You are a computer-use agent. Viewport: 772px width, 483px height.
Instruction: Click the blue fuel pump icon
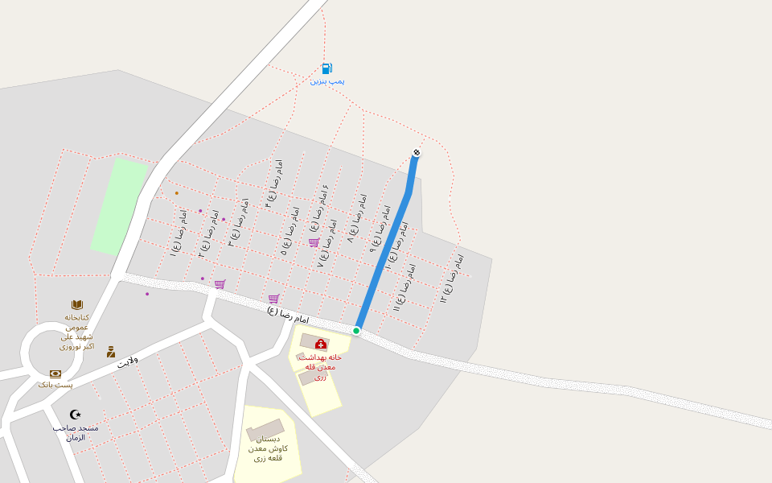click(x=326, y=68)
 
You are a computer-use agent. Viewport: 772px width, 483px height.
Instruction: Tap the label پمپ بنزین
click(x=327, y=81)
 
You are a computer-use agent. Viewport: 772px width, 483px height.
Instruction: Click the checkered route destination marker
click(x=417, y=153)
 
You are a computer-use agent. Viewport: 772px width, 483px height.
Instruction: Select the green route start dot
click(x=356, y=330)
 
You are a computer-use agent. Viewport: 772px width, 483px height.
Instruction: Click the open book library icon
click(x=77, y=304)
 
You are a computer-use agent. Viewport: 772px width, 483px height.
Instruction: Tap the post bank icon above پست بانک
click(x=55, y=374)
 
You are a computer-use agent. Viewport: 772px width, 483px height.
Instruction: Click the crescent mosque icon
click(x=76, y=415)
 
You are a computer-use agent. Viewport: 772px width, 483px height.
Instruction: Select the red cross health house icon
click(x=320, y=345)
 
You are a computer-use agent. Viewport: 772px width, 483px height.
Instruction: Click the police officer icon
click(x=111, y=352)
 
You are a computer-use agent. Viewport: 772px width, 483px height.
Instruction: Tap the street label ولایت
click(x=128, y=361)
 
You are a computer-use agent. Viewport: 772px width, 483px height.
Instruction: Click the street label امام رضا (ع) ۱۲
click(x=452, y=279)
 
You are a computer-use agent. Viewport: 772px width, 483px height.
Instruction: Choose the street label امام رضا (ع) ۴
click(x=274, y=184)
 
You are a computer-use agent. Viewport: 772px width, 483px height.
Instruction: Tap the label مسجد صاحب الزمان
click(x=76, y=432)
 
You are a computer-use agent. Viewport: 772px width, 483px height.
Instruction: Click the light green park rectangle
click(x=118, y=206)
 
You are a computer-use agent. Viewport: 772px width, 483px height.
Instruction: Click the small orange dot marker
click(x=177, y=193)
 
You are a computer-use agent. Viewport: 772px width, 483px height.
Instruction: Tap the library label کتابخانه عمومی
click(x=77, y=322)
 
